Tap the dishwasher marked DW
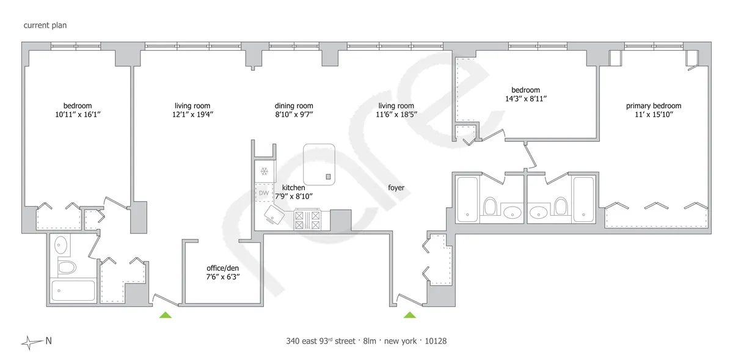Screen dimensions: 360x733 click(x=264, y=193)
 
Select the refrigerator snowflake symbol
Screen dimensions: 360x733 click(x=264, y=171)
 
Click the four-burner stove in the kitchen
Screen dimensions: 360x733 click(x=307, y=219)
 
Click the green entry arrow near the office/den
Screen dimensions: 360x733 click(x=165, y=315)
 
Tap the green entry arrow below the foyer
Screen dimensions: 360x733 click(x=410, y=315)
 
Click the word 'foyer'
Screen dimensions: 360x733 click(x=396, y=188)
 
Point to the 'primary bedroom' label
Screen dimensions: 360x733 click(x=653, y=106)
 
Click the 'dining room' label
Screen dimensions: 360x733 click(x=294, y=106)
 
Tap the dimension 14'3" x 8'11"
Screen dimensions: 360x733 click(x=526, y=98)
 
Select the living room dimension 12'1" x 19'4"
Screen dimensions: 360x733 click(x=193, y=114)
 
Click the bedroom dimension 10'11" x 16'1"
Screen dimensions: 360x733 click(x=77, y=114)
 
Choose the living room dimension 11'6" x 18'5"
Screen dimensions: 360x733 click(x=396, y=114)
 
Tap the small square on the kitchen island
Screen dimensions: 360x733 click(x=328, y=177)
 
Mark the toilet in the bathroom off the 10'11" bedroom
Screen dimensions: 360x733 click(x=65, y=267)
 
